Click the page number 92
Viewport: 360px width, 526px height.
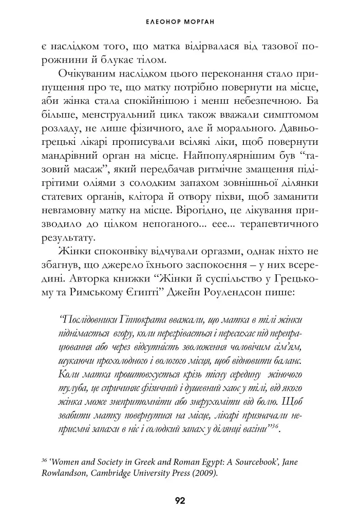(x=180, y=501)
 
